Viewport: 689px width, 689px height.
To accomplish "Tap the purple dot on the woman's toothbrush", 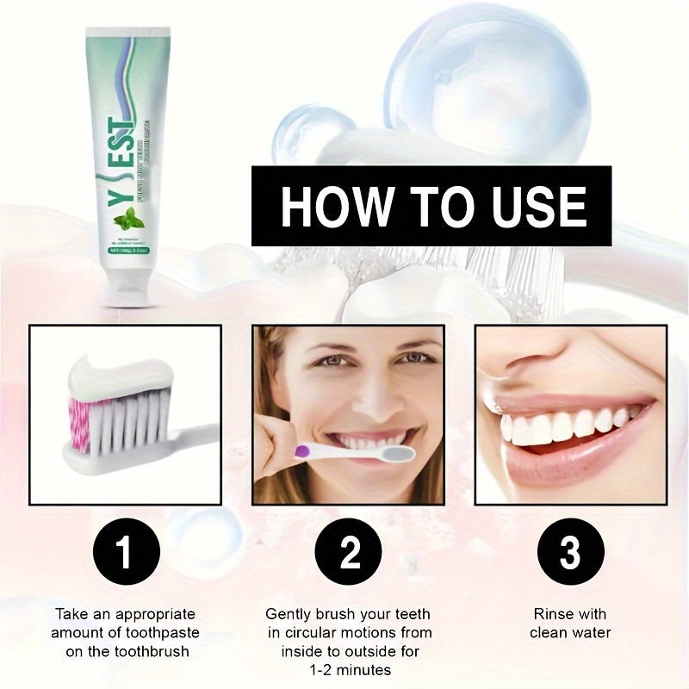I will click(301, 448).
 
